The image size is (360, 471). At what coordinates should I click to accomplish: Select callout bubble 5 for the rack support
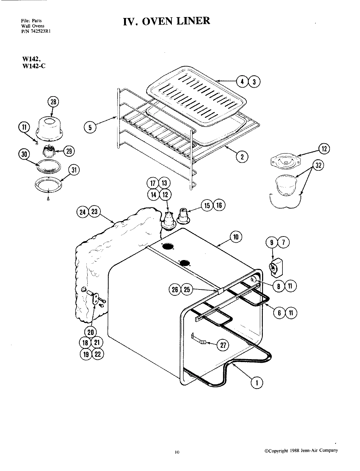point(90,127)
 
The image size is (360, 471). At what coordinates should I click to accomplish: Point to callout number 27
point(223,345)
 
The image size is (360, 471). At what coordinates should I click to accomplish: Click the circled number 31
point(74,170)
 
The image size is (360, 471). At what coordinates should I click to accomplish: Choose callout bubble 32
point(318,165)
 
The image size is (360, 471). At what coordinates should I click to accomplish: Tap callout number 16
point(219,205)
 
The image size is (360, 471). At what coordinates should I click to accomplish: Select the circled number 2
point(242,157)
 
